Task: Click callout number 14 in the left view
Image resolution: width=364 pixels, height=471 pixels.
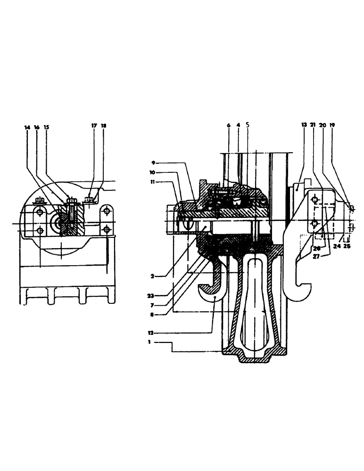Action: [x=27, y=127]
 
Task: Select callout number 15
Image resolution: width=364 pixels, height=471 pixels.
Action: [x=46, y=127]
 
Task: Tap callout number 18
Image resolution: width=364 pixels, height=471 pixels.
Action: [x=103, y=127]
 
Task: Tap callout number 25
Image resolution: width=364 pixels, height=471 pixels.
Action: [x=348, y=245]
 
